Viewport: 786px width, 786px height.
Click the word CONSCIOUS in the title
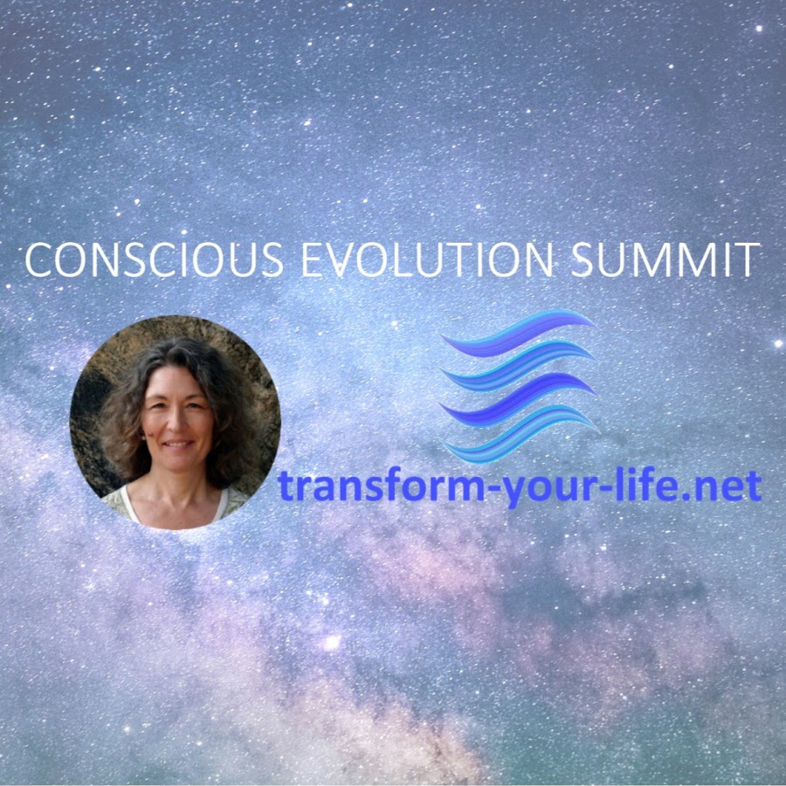[x=155, y=259]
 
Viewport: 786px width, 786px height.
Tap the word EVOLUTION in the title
[x=427, y=259]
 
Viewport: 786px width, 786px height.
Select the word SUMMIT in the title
[x=665, y=259]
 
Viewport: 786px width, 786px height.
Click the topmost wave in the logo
[x=518, y=333]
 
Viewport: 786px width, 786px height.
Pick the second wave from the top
[x=518, y=365]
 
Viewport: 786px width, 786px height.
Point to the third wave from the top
[x=518, y=399]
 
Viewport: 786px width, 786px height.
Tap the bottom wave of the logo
[x=520, y=434]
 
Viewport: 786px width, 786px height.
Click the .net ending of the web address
[x=720, y=487]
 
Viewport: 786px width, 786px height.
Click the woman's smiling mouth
[x=178, y=445]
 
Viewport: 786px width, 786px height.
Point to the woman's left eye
[x=196, y=404]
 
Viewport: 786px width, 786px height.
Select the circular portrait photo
[x=175, y=422]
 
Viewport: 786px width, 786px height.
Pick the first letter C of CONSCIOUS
[x=38, y=260]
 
